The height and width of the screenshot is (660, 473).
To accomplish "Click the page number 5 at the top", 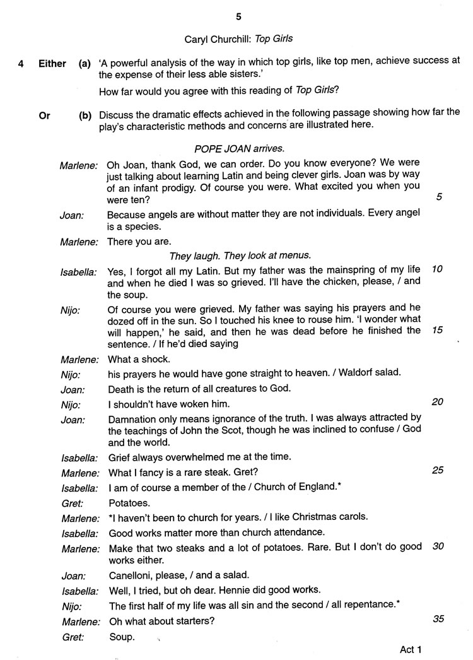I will click(238, 16).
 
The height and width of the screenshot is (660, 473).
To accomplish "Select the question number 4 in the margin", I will click(21, 64).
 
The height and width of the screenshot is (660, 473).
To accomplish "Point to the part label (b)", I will click(85, 115).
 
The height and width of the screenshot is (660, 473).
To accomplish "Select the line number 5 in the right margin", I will click(439, 197).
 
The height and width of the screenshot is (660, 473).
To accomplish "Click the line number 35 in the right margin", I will click(438, 618).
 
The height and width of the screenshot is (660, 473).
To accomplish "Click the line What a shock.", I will click(139, 359).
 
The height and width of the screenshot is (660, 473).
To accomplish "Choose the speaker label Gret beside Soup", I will click(73, 637).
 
